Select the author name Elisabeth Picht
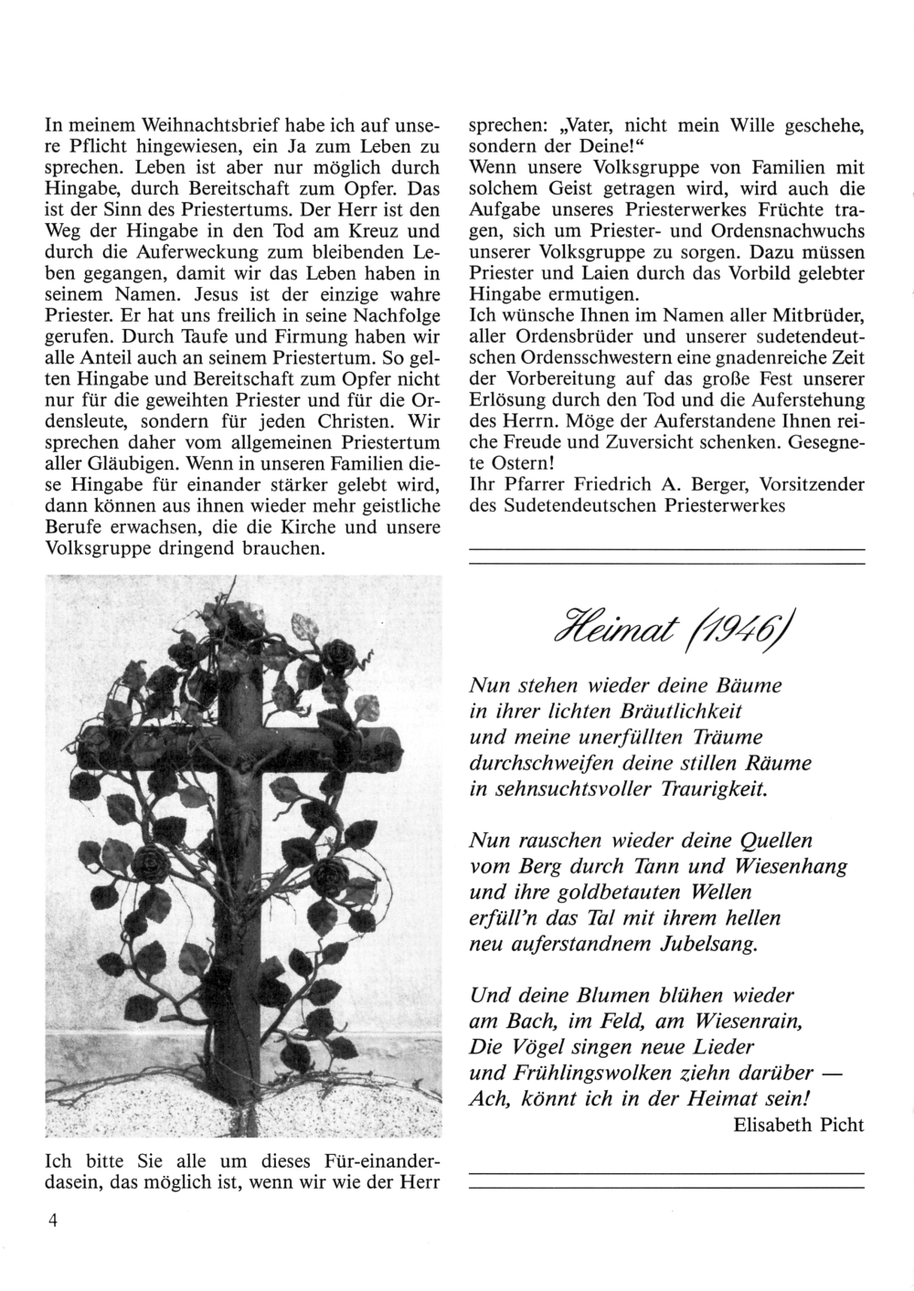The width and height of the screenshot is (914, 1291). pyautogui.click(x=798, y=1125)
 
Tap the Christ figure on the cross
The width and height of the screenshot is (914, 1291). pyautogui.click(x=246, y=786)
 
